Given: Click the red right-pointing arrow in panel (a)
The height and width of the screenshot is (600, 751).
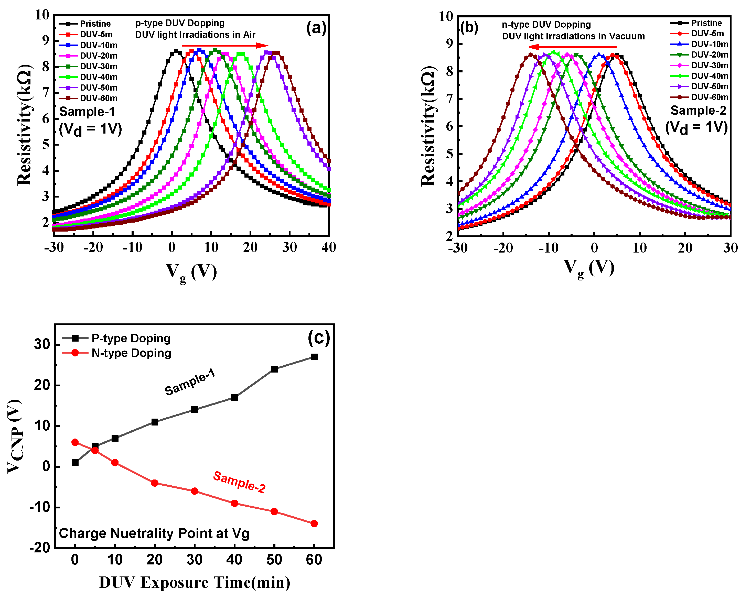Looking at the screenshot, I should pyautogui.click(x=225, y=46).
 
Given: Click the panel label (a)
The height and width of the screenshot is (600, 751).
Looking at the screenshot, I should pyautogui.click(x=316, y=28).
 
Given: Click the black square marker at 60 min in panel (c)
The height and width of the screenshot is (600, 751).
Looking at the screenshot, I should pyautogui.click(x=314, y=357).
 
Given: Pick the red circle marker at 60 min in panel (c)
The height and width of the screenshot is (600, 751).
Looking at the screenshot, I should pyautogui.click(x=314, y=524).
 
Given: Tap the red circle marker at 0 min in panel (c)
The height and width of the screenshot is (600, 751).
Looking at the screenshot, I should pyautogui.click(x=75, y=442).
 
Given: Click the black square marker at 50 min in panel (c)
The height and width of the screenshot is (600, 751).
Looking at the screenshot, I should pyautogui.click(x=274, y=369).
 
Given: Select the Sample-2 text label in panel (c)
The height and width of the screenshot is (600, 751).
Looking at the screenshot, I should pyautogui.click(x=239, y=482).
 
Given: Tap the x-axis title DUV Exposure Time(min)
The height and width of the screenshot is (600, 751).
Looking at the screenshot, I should pyautogui.click(x=194, y=582).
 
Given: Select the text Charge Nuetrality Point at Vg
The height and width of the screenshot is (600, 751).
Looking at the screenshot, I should pyautogui.click(x=154, y=533).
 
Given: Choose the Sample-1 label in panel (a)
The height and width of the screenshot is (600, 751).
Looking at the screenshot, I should pyautogui.click(x=87, y=112).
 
